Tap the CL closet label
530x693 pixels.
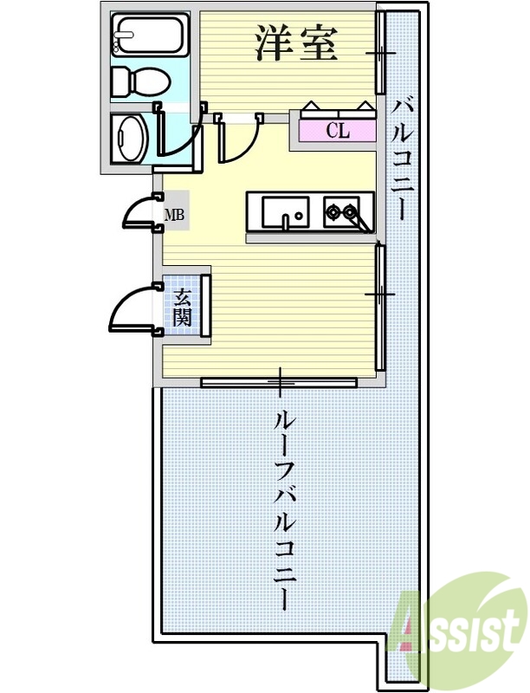pos(338,132)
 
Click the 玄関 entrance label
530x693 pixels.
pos(183,307)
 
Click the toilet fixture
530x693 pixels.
pos(139,82)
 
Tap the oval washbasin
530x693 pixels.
pos(132,138)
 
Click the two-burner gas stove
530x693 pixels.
pos(343,210)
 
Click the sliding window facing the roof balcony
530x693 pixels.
pos(279,381)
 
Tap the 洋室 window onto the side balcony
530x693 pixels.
pos(380,54)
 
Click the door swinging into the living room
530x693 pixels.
pos(237,139)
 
